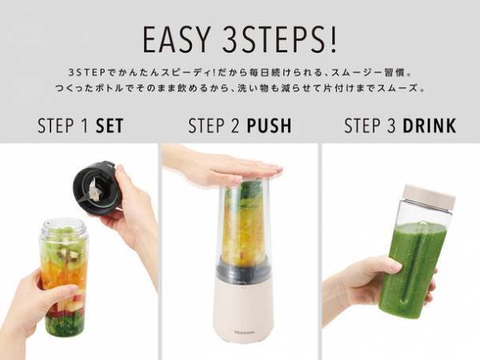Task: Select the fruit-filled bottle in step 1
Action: click(64, 276)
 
